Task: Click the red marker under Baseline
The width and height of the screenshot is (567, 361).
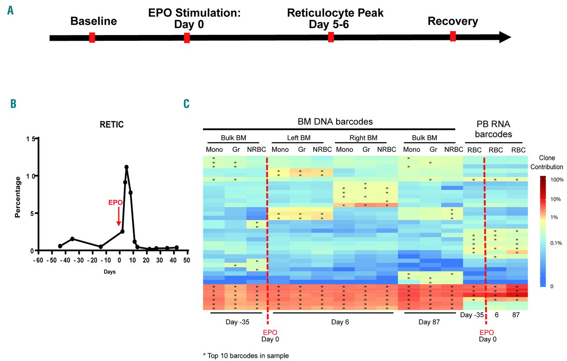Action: tap(92, 38)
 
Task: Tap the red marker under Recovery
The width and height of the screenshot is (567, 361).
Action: tap(453, 36)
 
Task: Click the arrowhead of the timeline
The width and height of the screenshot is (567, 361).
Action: tap(505, 38)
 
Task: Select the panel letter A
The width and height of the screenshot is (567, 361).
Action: tap(10, 10)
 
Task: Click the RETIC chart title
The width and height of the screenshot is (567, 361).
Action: tap(112, 125)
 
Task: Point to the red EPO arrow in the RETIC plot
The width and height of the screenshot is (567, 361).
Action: tap(118, 216)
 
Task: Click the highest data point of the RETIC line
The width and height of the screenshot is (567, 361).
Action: tap(127, 167)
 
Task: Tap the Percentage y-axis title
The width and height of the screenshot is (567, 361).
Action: tap(18, 197)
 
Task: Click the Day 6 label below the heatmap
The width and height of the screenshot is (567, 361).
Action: tap(340, 322)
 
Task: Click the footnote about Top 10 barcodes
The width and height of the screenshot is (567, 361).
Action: tap(246, 355)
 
